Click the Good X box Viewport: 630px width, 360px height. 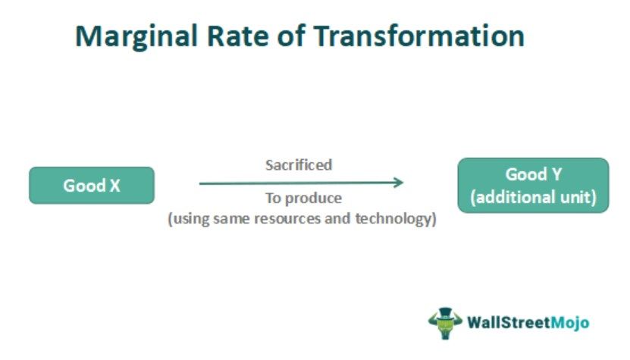coord(92,186)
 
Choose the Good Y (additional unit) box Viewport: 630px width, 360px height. coord(533,186)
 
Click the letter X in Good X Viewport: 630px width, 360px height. coord(114,186)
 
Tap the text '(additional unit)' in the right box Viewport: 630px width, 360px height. coord(533,198)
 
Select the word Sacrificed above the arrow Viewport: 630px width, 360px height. coord(298,165)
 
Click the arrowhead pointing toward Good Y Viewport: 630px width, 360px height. coord(397,183)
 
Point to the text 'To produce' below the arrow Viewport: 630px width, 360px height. coord(302,199)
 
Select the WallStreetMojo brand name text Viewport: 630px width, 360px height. coord(528,322)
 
